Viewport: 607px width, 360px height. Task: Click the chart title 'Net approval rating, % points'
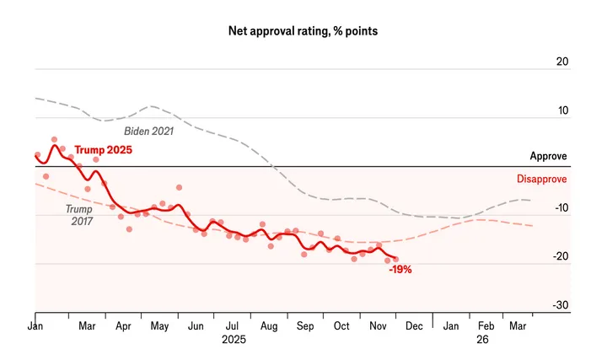(x=303, y=31)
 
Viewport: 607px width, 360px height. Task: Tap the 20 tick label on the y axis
(x=561, y=62)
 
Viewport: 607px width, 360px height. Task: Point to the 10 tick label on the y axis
(x=561, y=110)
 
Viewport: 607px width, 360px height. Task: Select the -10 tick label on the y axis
(x=560, y=208)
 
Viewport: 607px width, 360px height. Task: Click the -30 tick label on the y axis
(x=560, y=305)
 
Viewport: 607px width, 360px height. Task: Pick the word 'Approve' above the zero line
(x=548, y=156)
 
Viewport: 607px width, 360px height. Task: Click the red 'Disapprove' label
(x=541, y=179)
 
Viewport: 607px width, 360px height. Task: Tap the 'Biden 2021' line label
(x=148, y=131)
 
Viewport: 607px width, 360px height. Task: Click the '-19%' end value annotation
(x=400, y=271)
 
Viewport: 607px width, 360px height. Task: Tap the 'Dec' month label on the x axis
(x=414, y=325)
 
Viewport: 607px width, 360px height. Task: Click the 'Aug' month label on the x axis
(x=270, y=325)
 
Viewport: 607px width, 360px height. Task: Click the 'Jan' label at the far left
(x=35, y=325)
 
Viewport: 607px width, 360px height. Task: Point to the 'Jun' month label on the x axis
(x=196, y=325)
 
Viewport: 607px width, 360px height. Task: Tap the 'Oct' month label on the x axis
(x=342, y=325)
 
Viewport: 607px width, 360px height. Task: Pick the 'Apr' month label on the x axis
(x=123, y=325)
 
